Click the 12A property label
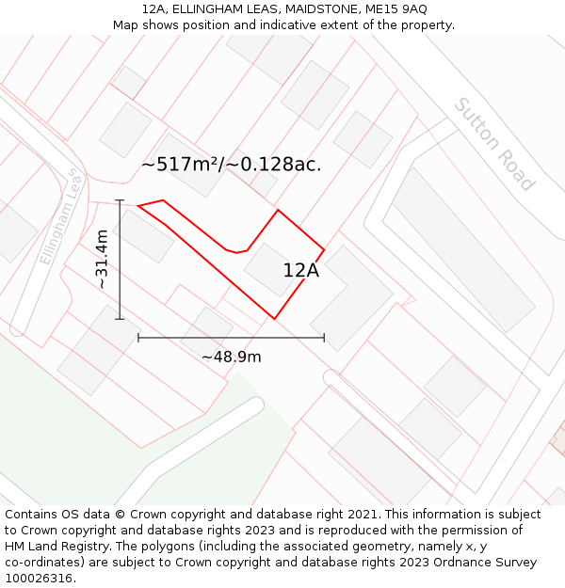pyautogui.click(x=301, y=271)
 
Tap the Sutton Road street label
pyautogui.click(x=493, y=144)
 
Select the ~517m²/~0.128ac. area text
pyautogui.click(x=231, y=165)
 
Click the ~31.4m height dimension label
pyautogui.click(x=102, y=260)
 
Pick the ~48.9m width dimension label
pyautogui.click(x=232, y=357)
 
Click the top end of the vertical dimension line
pyautogui.click(x=120, y=200)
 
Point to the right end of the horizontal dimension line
pyautogui.click(x=324, y=337)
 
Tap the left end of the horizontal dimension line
pyautogui.click(x=138, y=337)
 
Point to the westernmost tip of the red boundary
pyautogui.click(x=138, y=206)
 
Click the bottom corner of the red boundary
pyautogui.click(x=274, y=318)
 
